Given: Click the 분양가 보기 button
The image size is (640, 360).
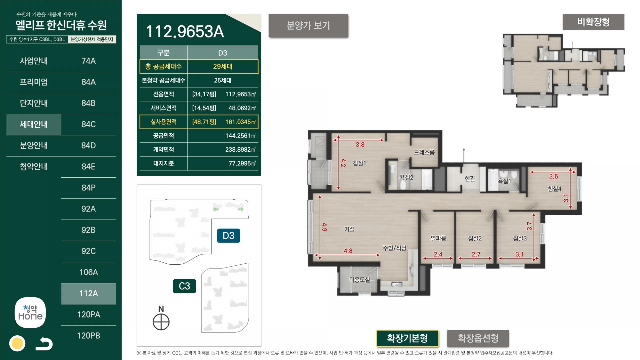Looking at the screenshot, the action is [x=308, y=26].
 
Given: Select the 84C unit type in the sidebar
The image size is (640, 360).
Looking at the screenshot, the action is [x=89, y=124].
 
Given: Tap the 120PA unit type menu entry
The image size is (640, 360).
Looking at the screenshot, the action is [x=89, y=314].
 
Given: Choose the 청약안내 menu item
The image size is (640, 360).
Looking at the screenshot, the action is [x=34, y=167].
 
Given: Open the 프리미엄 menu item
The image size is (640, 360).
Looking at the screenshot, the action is [x=34, y=82].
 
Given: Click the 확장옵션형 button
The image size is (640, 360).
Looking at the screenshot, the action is [x=478, y=339].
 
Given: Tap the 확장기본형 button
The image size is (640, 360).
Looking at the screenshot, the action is [x=407, y=339].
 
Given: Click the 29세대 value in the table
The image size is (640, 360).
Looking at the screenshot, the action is [x=223, y=67].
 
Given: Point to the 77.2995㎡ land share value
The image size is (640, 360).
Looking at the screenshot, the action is [x=242, y=163].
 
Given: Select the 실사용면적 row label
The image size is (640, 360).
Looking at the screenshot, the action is [x=163, y=122].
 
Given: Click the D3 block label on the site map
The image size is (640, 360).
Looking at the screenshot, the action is [x=229, y=236].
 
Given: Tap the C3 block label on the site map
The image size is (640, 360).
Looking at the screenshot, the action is [x=184, y=286].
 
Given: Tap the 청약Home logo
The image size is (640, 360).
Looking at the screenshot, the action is [x=30, y=313].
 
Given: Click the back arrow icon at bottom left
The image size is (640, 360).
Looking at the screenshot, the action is [x=44, y=344].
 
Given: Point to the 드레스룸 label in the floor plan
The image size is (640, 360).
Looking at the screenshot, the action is [x=424, y=152].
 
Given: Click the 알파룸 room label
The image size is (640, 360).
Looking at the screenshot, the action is [x=438, y=238].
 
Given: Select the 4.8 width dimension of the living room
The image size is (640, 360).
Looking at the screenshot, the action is [x=348, y=251].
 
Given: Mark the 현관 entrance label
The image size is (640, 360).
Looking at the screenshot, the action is [x=470, y=179].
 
